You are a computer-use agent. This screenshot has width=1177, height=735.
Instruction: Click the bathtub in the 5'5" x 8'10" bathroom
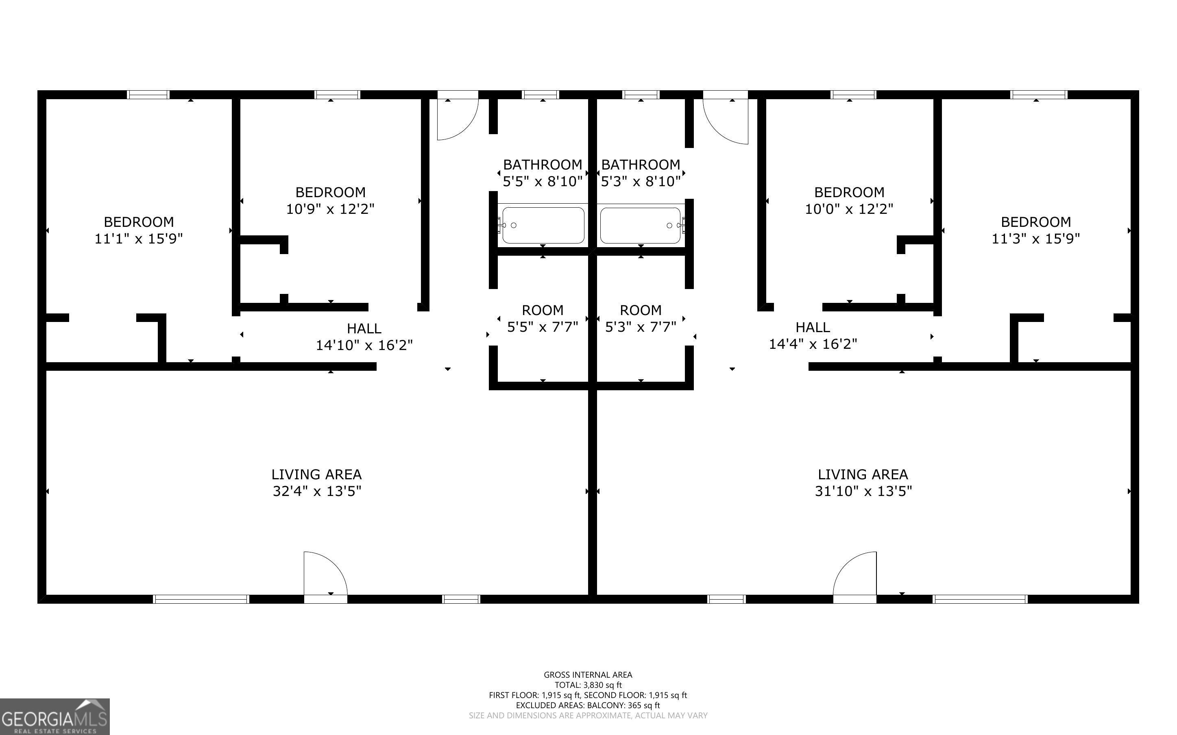tap(543, 225)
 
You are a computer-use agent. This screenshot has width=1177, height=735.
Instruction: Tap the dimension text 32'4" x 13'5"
tap(317, 491)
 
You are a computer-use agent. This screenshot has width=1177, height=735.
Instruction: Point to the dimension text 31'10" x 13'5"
tap(863, 491)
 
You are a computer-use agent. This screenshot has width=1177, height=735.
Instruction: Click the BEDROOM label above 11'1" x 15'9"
tap(139, 222)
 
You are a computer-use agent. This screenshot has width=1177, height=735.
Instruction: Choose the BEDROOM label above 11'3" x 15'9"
tap(1035, 222)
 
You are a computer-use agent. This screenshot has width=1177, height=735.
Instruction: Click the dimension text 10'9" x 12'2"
tap(330, 209)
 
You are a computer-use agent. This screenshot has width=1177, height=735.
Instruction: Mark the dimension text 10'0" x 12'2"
tap(849, 209)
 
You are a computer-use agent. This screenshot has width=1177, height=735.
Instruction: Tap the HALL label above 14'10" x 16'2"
tap(364, 328)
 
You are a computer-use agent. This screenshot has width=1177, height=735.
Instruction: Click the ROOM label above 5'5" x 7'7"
tap(543, 310)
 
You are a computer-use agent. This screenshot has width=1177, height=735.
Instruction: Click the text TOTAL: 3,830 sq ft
tap(588, 685)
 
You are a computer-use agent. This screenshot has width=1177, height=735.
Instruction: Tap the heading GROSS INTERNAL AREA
tap(588, 675)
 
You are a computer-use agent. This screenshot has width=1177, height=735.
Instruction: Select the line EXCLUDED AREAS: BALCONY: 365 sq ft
tap(588, 705)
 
